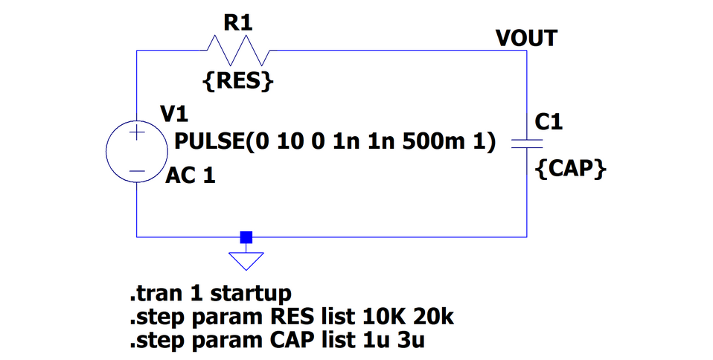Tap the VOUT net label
pos(526,38)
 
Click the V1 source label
pos(174,114)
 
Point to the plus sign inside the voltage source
pos(137,134)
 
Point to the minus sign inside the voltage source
pos(137,171)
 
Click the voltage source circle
pos(137,152)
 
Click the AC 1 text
pos(191,177)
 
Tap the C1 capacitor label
pos(549,121)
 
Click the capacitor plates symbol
pos(527,143)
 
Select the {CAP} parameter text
pos(571,170)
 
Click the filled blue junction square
pos(246,237)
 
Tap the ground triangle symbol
pos(246,261)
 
